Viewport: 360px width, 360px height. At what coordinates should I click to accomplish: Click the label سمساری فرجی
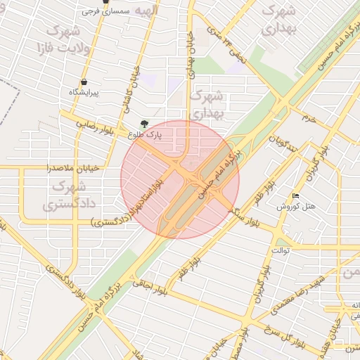(106, 12)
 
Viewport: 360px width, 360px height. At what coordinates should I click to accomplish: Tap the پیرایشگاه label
(84, 93)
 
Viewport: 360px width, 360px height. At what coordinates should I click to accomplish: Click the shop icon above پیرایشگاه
(84, 82)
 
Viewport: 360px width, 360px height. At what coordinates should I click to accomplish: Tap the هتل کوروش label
(298, 207)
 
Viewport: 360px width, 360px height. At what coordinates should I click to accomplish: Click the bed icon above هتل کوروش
(296, 195)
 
